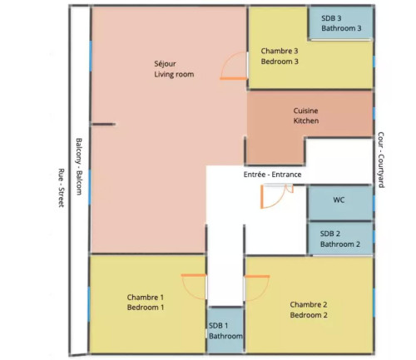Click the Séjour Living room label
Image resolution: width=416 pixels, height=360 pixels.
[173, 69]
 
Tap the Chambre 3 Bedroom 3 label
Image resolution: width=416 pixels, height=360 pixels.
[280, 56]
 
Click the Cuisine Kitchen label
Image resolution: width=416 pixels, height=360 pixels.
[306, 116]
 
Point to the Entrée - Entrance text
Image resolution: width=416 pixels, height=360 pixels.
[272, 175]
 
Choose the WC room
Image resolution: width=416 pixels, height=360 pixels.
[339, 200]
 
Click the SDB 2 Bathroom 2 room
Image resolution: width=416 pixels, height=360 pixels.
[340, 239]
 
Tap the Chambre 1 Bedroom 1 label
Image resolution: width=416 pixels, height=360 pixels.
[146, 303]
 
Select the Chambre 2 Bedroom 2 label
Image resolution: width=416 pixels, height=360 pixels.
[309, 309]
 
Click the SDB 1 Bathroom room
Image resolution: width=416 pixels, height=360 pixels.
[225, 331]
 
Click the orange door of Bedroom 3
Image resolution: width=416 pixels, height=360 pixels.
[233, 68]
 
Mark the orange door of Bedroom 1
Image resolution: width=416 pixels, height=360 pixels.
[193, 285]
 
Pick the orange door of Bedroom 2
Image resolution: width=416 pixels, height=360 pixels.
[255, 285]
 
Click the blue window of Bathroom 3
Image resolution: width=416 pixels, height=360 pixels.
[374, 22]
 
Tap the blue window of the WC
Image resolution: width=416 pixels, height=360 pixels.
[374, 200]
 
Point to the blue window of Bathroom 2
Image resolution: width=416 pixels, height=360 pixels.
[374, 238]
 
